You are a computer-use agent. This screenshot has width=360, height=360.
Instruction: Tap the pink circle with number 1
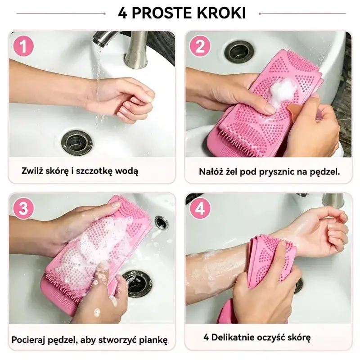[x=23, y=46]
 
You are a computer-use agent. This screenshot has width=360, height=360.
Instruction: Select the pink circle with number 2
[x=200, y=46]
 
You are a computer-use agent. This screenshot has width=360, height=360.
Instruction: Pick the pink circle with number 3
[x=23, y=208]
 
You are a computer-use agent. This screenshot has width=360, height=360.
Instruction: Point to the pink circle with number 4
[x=200, y=208]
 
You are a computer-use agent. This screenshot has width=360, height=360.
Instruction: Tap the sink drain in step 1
[x=77, y=142]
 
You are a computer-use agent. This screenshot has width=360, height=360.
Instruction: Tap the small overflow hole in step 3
[x=162, y=222]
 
